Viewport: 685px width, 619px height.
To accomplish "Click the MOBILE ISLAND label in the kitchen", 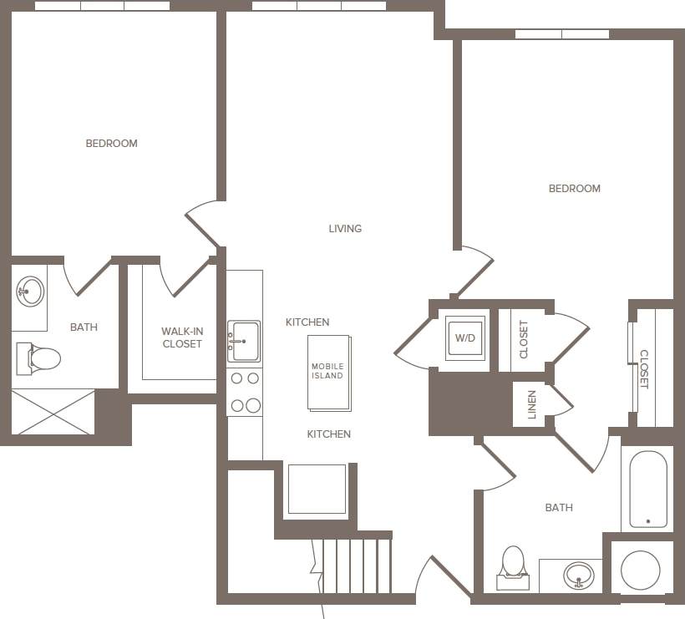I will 327,371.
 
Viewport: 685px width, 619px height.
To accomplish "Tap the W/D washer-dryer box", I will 464,338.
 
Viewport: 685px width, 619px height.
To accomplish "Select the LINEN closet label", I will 532,404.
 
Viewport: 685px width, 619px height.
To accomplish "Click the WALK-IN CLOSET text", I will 182,337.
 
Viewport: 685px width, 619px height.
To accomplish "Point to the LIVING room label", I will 345,228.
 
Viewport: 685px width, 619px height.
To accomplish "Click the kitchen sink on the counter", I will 243,341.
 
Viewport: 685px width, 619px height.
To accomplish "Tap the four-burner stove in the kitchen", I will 244,392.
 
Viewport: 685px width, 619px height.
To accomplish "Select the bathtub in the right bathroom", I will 647,489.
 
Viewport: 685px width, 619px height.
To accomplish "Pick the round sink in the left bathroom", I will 30,292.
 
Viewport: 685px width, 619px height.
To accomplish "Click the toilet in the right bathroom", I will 513,564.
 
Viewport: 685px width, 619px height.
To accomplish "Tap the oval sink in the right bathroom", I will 578,575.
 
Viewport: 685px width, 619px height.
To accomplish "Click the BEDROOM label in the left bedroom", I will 111,144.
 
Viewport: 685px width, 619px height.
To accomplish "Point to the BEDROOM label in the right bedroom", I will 574,189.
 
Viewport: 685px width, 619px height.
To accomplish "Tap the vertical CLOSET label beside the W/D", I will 524,339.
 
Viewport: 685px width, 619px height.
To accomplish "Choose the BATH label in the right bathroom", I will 559,507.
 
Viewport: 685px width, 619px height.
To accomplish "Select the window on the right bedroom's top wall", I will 561,34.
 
